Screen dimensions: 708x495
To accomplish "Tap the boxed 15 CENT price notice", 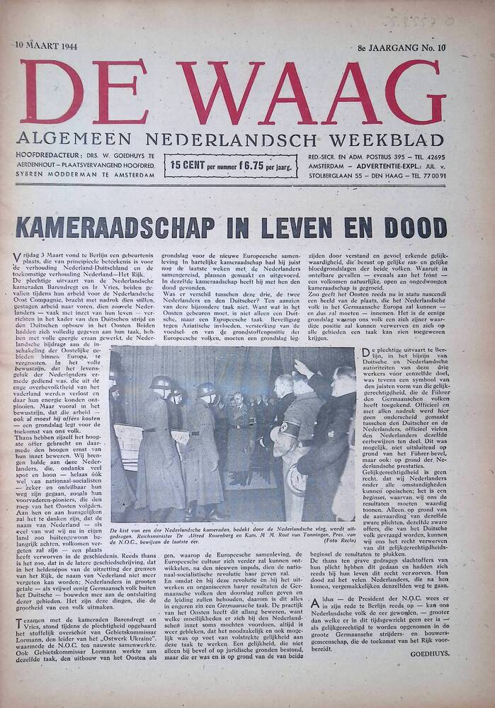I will [x=231, y=166].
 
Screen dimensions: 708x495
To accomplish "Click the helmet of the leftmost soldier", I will [x=161, y=383].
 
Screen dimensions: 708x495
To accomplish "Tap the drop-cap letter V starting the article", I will [x=16, y=256].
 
